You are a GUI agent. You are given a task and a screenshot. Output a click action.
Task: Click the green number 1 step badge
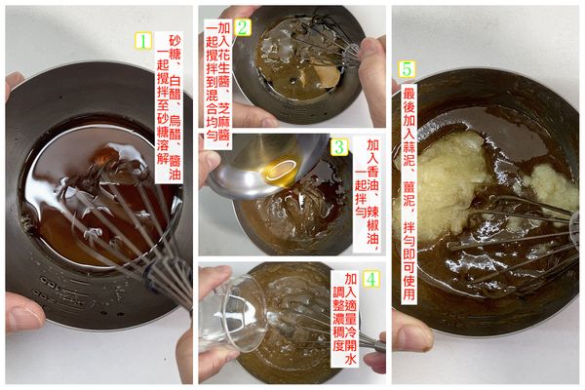[x=142, y=42]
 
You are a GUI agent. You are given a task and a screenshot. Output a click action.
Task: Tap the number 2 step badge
[x=243, y=27]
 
